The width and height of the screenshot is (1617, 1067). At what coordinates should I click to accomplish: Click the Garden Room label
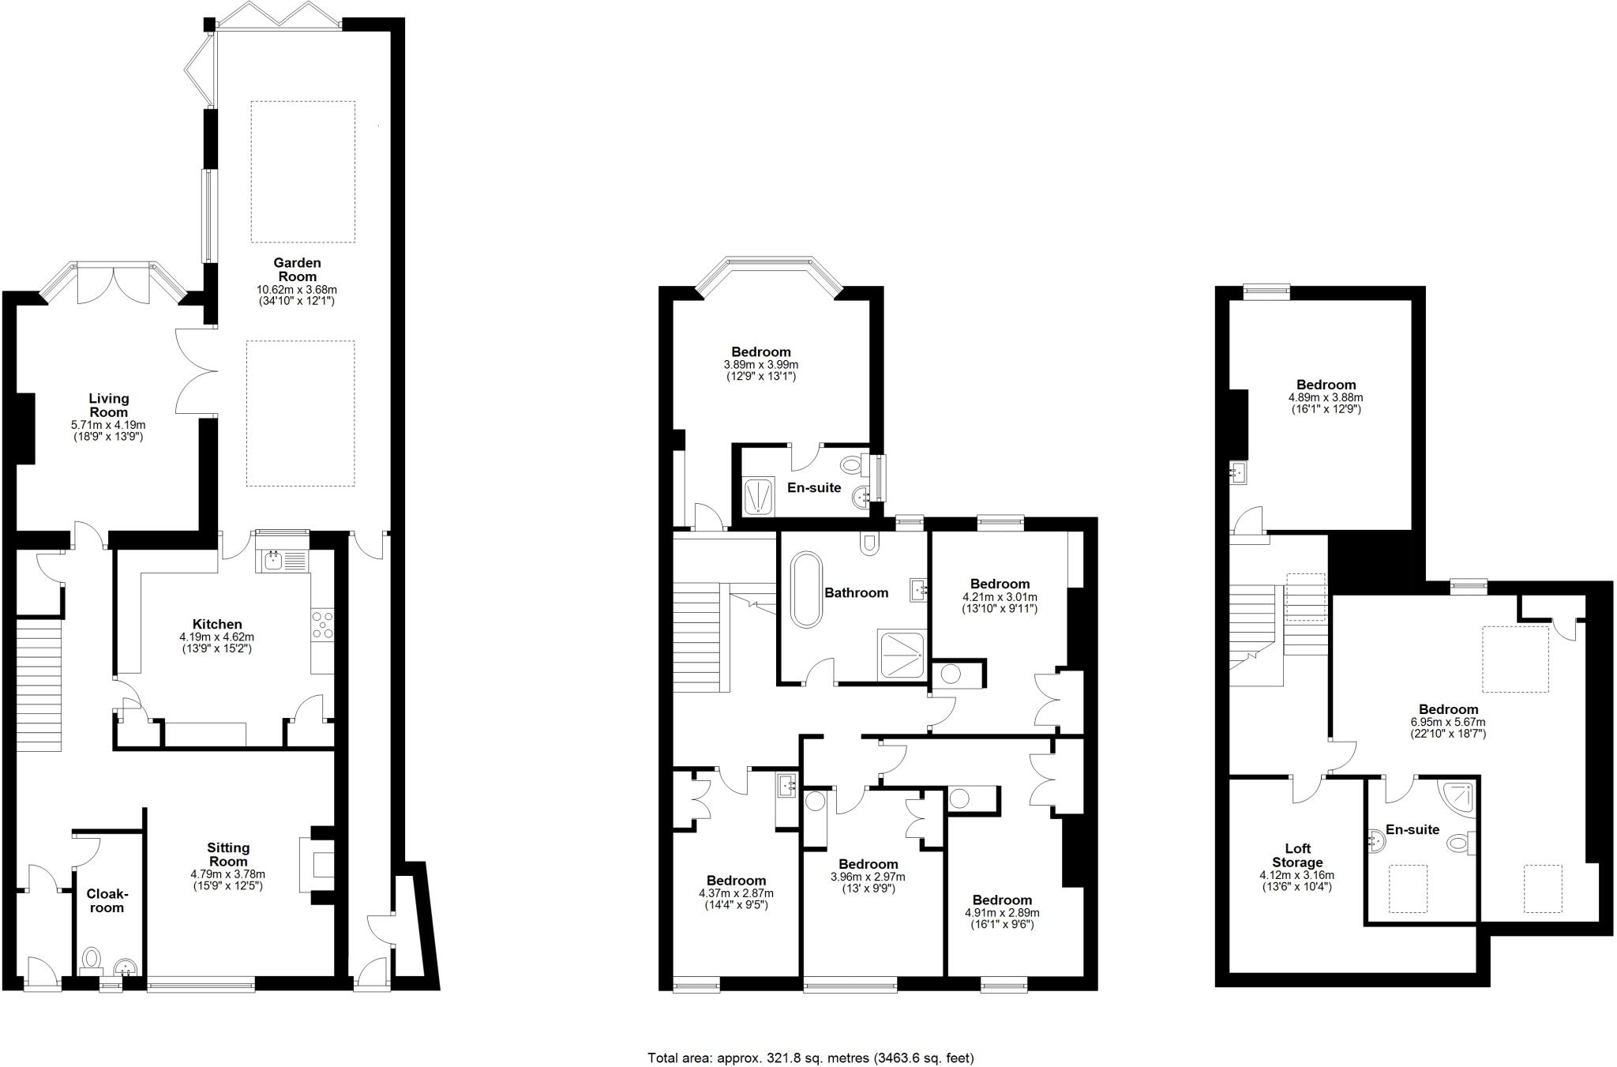pos(297,269)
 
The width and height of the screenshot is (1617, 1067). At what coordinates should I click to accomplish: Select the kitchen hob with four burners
pos(322,624)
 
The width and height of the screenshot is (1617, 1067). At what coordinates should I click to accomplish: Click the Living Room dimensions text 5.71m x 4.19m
pos(108,425)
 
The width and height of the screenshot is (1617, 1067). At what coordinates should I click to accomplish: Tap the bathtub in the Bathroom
pos(807,589)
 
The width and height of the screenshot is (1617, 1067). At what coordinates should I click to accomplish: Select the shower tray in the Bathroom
pos(902,654)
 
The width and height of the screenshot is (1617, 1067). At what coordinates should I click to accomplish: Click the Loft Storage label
pos(1297,855)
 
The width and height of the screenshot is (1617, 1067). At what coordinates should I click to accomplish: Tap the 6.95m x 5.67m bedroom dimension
pos(1448,722)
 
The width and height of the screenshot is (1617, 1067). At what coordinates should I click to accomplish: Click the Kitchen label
pos(217,624)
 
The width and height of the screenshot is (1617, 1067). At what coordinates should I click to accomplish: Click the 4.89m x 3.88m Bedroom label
pos(1326,385)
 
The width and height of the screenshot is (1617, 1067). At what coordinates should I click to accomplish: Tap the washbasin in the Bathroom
pos(917,588)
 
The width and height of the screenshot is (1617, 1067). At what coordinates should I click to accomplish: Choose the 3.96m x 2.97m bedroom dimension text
pos(868,877)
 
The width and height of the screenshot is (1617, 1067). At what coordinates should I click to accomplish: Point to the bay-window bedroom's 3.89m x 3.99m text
pos(760,365)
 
